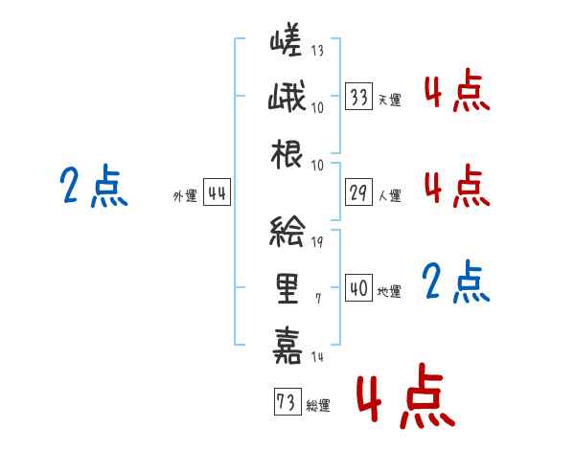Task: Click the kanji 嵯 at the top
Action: pyautogui.click(x=286, y=39)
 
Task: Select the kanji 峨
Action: pyautogui.click(x=287, y=97)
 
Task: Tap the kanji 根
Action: pyautogui.click(x=287, y=154)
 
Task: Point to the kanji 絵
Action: pyautogui.click(x=287, y=232)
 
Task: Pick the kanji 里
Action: pyautogui.click(x=287, y=288)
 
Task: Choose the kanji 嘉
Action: pyautogui.click(x=287, y=346)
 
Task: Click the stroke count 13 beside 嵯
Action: pyautogui.click(x=317, y=50)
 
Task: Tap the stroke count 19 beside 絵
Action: pyautogui.click(x=317, y=241)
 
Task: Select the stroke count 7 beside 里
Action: pyautogui.click(x=318, y=299)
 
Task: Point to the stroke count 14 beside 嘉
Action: pyautogui.click(x=317, y=356)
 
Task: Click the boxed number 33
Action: pyautogui.click(x=359, y=97)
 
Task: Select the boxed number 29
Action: pyautogui.click(x=359, y=192)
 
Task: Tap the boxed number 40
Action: pyautogui.click(x=359, y=287)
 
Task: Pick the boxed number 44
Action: pyautogui.click(x=218, y=192)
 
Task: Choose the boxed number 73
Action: pyautogui.click(x=287, y=401)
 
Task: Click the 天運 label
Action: pyautogui.click(x=390, y=100)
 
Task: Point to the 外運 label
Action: pyautogui.click(x=185, y=195)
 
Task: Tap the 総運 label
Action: pyautogui.click(x=318, y=406)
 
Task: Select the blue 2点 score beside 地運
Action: pyautogui.click(x=456, y=281)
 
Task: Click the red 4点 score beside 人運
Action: pyautogui.click(x=457, y=186)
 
